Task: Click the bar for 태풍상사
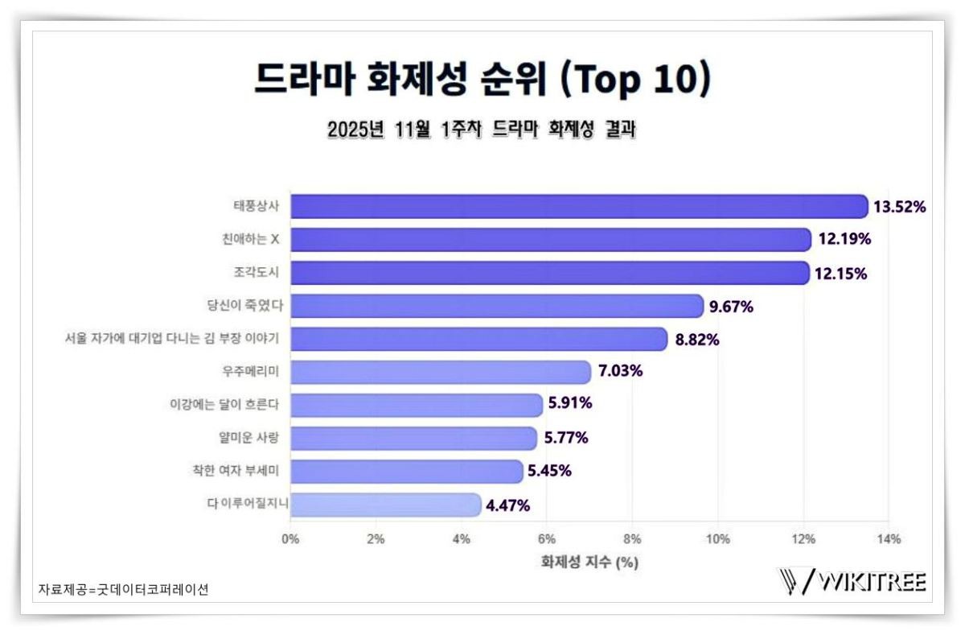(579, 206)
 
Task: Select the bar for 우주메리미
(441, 372)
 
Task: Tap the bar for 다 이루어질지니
(386, 505)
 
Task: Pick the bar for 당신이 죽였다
(497, 306)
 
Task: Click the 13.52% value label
(900, 207)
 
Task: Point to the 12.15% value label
(840, 274)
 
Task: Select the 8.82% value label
(697, 340)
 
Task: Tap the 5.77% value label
(566, 439)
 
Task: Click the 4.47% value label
(507, 505)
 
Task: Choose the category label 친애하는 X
(253, 239)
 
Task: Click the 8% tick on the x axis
(632, 539)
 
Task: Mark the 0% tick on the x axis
(290, 539)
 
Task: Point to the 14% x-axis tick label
(889, 539)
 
